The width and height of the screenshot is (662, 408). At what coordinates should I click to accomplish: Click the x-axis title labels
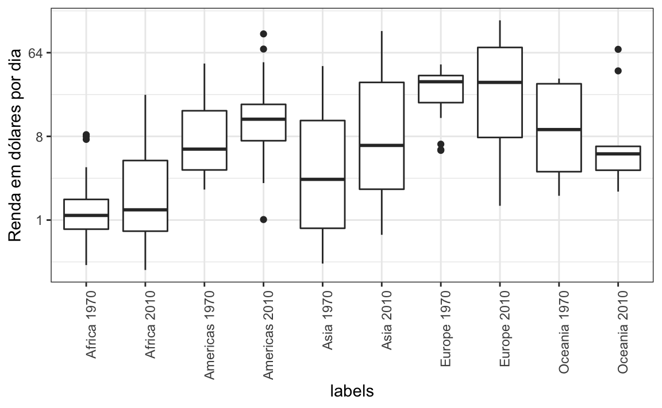352,391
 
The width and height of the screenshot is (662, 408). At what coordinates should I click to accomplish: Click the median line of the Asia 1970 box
322,179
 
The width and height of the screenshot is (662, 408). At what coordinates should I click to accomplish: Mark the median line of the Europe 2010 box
500,82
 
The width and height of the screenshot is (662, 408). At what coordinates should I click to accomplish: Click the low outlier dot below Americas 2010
263,219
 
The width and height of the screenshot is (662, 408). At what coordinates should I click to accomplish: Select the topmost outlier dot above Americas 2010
263,34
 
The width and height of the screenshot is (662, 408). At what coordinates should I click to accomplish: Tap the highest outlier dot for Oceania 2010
618,49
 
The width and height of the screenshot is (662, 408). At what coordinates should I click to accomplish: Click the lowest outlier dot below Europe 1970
441,150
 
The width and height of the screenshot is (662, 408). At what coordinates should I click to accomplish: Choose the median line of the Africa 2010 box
145,209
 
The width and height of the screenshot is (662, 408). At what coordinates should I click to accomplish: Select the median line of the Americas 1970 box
204,149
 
